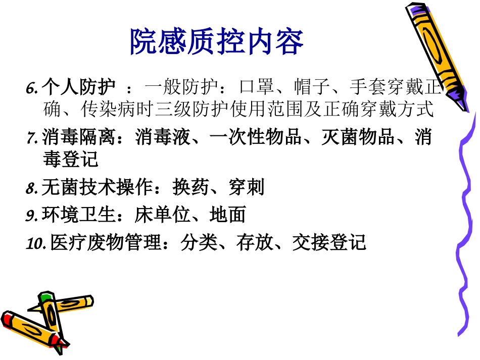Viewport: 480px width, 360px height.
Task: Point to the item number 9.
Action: coord(32,216)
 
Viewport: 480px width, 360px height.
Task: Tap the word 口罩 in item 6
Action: coord(253,88)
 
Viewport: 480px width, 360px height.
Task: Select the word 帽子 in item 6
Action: coord(308,88)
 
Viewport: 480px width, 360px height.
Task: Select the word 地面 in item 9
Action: coord(227,216)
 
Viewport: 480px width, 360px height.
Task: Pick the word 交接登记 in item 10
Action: coord(329,243)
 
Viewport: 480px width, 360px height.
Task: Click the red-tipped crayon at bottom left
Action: coord(30,328)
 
